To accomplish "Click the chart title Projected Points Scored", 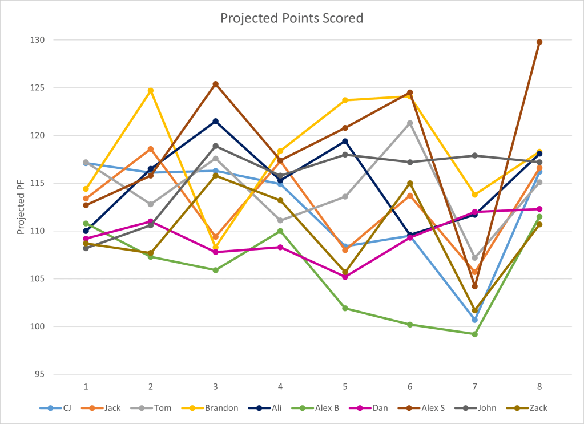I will [292, 18].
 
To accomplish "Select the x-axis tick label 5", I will [345, 386].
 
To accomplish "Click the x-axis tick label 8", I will [539, 386].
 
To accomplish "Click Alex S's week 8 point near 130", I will [539, 42].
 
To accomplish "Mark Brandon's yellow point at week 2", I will [151, 90].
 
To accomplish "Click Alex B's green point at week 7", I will [474, 334].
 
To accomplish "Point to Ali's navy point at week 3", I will [216, 121].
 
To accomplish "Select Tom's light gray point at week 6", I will [410, 123].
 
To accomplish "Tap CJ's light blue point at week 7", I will [474, 320].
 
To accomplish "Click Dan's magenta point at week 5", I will [345, 277].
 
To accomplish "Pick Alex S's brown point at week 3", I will [216, 84].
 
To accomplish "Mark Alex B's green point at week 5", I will [345, 308].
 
